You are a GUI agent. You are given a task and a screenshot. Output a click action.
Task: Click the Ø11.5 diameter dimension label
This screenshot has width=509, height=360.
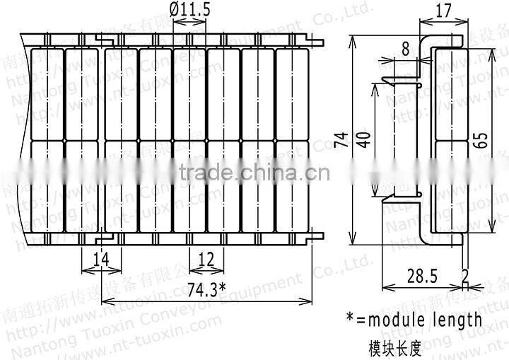(x=189, y=9)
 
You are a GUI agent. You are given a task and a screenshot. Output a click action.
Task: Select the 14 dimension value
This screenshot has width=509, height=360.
(x=102, y=260)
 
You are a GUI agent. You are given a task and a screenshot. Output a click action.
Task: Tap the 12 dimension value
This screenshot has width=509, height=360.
(x=206, y=260)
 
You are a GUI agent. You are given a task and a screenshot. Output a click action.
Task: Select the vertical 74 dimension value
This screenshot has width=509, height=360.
(x=340, y=139)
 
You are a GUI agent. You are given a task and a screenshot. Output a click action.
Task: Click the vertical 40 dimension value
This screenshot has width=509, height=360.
(x=363, y=139)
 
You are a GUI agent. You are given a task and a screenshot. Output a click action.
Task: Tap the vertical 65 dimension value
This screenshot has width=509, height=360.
(x=481, y=139)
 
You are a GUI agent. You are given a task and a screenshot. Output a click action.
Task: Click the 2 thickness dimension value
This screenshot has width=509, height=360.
(x=464, y=274)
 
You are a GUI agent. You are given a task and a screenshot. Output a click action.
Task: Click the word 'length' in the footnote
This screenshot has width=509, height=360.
(x=459, y=320)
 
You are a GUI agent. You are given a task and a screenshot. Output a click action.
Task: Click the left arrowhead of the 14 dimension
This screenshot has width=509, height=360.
(x=86, y=271)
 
